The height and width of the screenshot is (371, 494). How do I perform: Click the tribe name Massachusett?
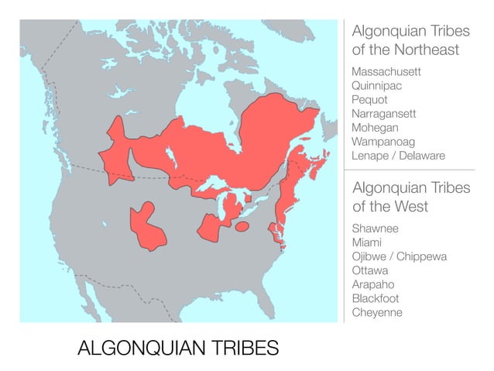386,72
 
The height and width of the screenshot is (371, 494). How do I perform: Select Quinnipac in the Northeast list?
377,86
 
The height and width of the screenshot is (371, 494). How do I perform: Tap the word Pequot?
369,100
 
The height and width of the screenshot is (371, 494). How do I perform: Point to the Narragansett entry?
383,114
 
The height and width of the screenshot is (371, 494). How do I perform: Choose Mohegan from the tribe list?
375,128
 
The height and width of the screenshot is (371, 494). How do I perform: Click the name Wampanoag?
383,142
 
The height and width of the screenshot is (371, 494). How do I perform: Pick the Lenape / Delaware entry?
398,156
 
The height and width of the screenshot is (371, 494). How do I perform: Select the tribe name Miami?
366,243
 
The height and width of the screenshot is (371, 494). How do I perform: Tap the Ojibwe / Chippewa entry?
399,257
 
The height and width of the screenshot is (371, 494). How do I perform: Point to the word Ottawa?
369,271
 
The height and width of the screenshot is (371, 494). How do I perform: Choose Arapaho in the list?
372,285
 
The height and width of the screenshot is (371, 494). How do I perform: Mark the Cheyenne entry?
377,313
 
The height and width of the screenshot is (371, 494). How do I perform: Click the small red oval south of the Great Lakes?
242,227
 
